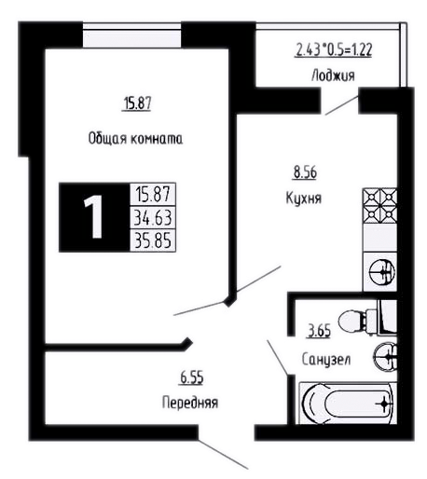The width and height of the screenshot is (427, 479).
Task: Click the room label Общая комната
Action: click(x=135, y=139)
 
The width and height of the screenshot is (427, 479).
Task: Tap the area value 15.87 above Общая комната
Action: click(x=137, y=103)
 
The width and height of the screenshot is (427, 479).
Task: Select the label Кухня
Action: click(x=304, y=198)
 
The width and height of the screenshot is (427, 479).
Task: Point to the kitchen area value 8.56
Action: click(x=305, y=172)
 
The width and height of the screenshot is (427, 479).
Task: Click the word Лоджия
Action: click(x=333, y=75)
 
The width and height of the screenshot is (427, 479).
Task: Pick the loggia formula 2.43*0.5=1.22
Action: click(x=334, y=50)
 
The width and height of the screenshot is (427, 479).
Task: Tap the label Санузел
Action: click(x=326, y=360)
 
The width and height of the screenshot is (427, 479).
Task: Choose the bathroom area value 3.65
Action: click(x=320, y=331)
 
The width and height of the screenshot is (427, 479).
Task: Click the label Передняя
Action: click(x=190, y=403)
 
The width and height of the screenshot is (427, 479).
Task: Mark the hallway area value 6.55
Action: click(x=192, y=378)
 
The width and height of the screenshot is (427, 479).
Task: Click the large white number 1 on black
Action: click(x=93, y=217)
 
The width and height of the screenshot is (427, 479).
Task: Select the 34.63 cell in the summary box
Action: click(x=153, y=217)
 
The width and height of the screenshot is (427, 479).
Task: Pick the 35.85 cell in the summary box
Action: click(x=153, y=240)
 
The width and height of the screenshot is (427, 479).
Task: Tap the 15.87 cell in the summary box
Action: click(x=153, y=195)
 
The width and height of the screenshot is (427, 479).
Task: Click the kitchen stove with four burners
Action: click(x=380, y=205)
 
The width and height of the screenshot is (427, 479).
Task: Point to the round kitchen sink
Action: click(x=382, y=272)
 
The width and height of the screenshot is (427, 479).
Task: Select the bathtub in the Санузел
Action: click(x=348, y=403)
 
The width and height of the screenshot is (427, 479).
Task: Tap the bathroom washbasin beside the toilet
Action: click(x=385, y=357)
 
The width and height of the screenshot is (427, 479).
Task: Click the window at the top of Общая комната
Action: click(x=131, y=35)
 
